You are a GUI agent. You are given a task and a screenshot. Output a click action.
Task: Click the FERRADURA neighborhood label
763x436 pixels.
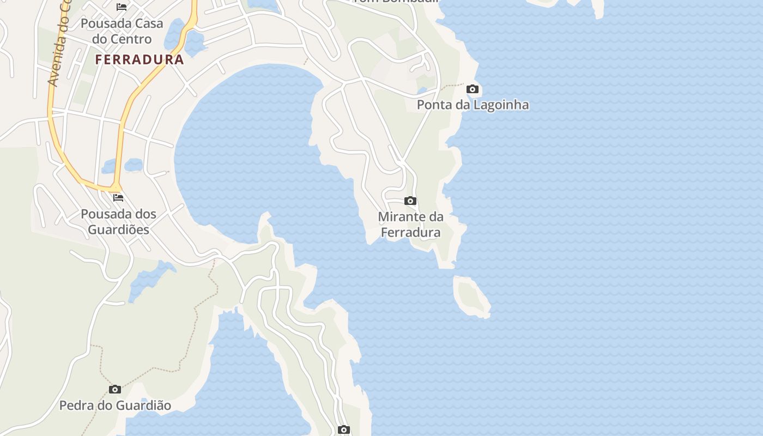click(x=140, y=59)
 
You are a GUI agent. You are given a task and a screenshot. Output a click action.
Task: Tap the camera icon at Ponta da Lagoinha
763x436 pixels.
click(x=473, y=89)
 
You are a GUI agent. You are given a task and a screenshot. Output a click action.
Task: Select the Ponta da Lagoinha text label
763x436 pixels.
click(x=473, y=105)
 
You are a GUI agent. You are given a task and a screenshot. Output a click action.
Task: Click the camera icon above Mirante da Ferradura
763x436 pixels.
click(x=410, y=201)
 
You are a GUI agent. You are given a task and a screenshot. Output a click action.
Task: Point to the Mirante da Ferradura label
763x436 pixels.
click(x=410, y=225)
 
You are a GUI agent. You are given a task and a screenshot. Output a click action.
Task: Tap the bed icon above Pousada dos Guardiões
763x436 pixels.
click(x=118, y=197)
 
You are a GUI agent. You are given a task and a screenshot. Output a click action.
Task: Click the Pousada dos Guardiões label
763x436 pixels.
click(x=118, y=222)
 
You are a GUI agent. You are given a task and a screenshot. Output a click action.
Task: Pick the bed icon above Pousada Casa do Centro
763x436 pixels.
click(x=122, y=7)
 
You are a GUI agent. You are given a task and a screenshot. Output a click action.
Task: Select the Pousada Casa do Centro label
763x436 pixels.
click(x=122, y=32)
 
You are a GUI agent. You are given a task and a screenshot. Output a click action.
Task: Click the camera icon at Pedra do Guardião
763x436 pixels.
click(x=114, y=389)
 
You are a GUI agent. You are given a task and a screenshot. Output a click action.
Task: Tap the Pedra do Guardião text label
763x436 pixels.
click(x=115, y=405)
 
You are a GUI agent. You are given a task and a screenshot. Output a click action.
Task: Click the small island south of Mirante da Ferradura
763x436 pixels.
click(x=471, y=296)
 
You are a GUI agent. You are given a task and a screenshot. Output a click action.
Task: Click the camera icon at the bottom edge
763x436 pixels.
click(x=343, y=429)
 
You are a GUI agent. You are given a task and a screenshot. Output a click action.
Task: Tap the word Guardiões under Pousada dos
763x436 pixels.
click(x=118, y=229)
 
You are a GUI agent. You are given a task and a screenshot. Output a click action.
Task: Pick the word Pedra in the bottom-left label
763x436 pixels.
click(x=75, y=405)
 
